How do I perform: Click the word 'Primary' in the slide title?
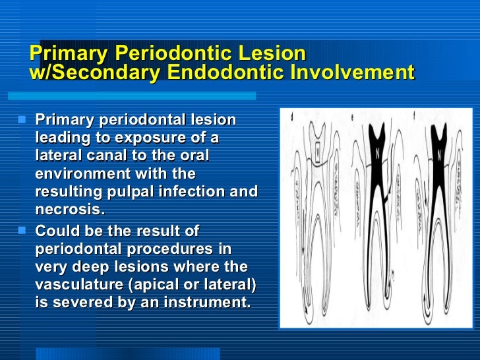(x=69, y=53)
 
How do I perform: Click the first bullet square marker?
(x=23, y=121)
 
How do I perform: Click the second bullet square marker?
(x=23, y=231)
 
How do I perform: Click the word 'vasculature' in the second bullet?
(x=78, y=285)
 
